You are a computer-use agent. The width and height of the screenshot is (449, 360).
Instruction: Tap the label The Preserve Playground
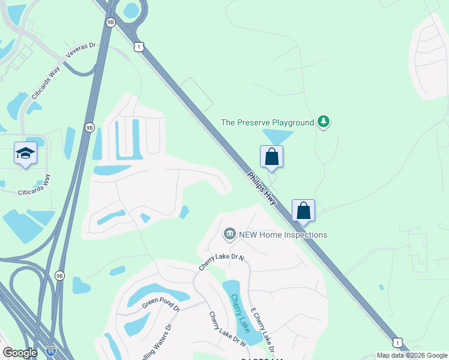click(x=268, y=122)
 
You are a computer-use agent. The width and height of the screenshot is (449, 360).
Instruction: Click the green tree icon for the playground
click(x=324, y=122)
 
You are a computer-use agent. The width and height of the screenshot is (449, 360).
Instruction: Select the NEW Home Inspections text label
click(x=283, y=235)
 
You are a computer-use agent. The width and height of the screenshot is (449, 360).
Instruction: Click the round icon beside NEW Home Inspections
click(x=229, y=234)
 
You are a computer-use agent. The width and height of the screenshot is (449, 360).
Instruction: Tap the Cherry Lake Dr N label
click(x=221, y=262)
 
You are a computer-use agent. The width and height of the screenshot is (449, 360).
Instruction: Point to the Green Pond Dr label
click(x=160, y=305)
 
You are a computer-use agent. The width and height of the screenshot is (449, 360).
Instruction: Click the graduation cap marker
click(x=25, y=155)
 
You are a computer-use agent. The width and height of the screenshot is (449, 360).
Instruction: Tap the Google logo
click(x=20, y=353)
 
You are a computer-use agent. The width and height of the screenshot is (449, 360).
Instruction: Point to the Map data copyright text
click(x=412, y=355)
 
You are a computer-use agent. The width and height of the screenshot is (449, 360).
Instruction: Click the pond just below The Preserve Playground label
click(x=276, y=137)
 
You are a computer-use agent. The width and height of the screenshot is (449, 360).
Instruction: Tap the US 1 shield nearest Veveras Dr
click(x=139, y=46)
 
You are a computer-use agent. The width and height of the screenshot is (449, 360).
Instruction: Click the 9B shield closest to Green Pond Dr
click(x=59, y=275)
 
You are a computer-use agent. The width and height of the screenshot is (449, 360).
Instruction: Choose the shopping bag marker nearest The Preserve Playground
click(x=271, y=157)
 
